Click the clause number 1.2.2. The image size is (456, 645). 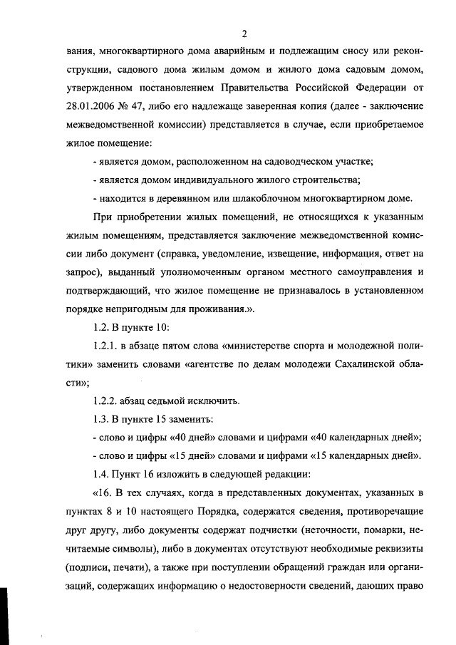coord(107,401)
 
